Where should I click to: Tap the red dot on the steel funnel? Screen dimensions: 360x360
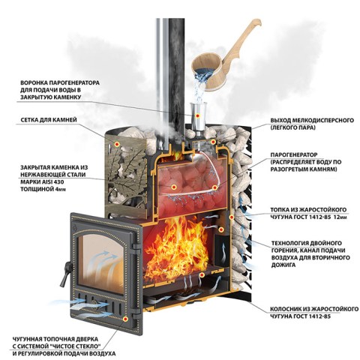coord(198,115)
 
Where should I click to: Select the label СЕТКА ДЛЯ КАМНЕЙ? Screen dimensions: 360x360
coord(49,120)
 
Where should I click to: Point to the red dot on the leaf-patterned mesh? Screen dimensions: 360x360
coord(116,144)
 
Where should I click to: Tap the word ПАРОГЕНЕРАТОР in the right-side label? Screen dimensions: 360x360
coord(294,154)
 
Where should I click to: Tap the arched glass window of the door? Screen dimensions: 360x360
coord(101,262)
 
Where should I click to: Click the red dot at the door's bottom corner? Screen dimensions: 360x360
coord(125,319)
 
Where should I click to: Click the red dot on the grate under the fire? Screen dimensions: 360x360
coord(202,274)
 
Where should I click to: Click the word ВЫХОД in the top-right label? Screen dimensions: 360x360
coord(280,120)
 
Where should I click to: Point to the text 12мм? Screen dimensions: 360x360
coord(340,217)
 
